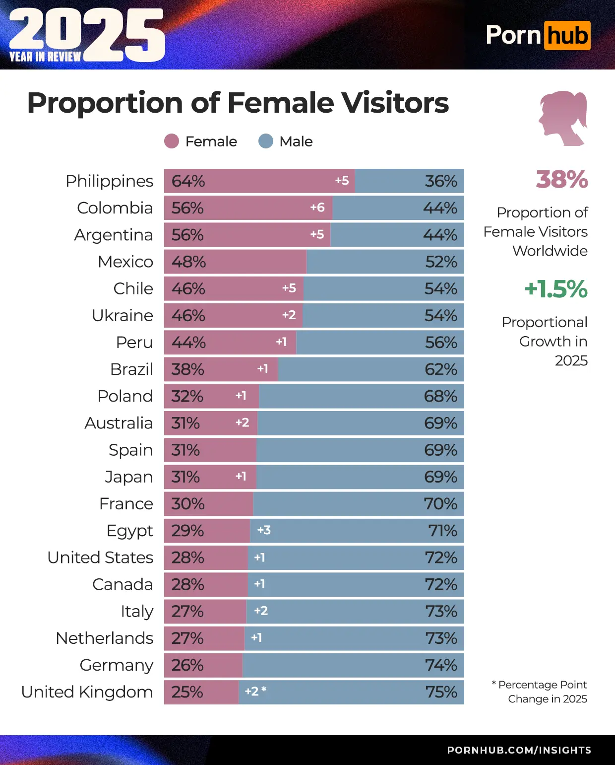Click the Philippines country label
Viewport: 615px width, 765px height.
point(109,181)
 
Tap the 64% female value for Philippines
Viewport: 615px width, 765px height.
point(188,181)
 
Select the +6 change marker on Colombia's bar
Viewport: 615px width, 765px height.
point(317,208)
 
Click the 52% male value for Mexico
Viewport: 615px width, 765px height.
point(441,262)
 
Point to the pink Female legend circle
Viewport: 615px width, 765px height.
point(172,141)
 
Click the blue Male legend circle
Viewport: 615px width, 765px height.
point(266,141)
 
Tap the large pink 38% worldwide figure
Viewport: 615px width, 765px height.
point(561,179)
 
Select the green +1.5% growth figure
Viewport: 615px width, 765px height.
point(556,289)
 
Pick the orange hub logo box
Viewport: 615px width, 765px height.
point(567,36)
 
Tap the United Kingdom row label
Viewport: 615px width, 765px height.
point(87,692)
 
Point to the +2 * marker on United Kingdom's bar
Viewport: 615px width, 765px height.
point(255,691)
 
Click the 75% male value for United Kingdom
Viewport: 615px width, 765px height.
point(441,692)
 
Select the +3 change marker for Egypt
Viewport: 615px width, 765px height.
point(264,530)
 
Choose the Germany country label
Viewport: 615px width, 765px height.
point(116,665)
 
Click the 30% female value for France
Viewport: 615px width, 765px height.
point(188,504)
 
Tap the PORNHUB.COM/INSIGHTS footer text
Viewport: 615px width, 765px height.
point(519,750)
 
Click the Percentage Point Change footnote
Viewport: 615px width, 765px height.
point(542,692)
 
